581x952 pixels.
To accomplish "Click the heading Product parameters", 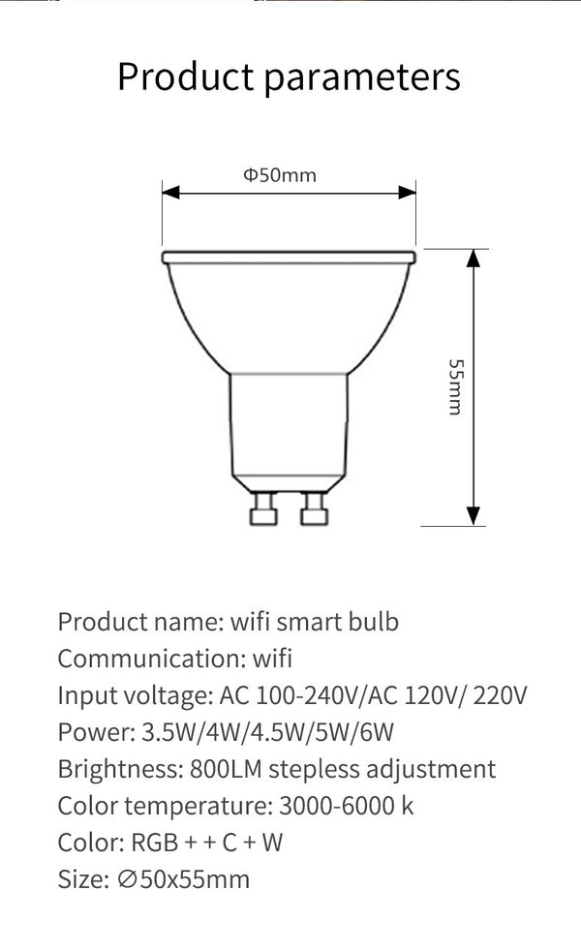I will (289, 77).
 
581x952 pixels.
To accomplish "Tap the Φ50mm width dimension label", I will (279, 175).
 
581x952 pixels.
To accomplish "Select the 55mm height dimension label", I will (455, 386).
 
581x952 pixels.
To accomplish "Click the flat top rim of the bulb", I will (289, 257).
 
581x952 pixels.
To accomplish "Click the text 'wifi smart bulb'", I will (315, 622).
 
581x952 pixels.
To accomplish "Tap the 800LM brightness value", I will (227, 769).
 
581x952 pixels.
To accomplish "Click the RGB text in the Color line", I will (155, 843).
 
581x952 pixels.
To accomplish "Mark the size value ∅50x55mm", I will (181, 879).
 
